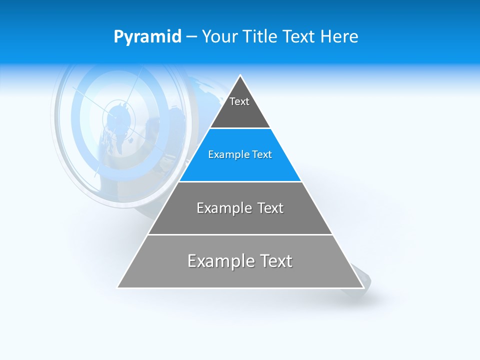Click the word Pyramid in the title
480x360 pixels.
click(x=147, y=37)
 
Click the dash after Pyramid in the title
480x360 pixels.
click(x=191, y=37)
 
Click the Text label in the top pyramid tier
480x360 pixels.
click(x=239, y=101)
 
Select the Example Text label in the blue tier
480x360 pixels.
click(x=240, y=154)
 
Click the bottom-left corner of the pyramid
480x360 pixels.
click(x=118, y=287)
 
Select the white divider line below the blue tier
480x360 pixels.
click(x=240, y=181)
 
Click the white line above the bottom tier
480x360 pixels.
click(x=240, y=234)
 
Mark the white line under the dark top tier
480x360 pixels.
click(x=240, y=128)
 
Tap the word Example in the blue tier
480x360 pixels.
click(x=228, y=154)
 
